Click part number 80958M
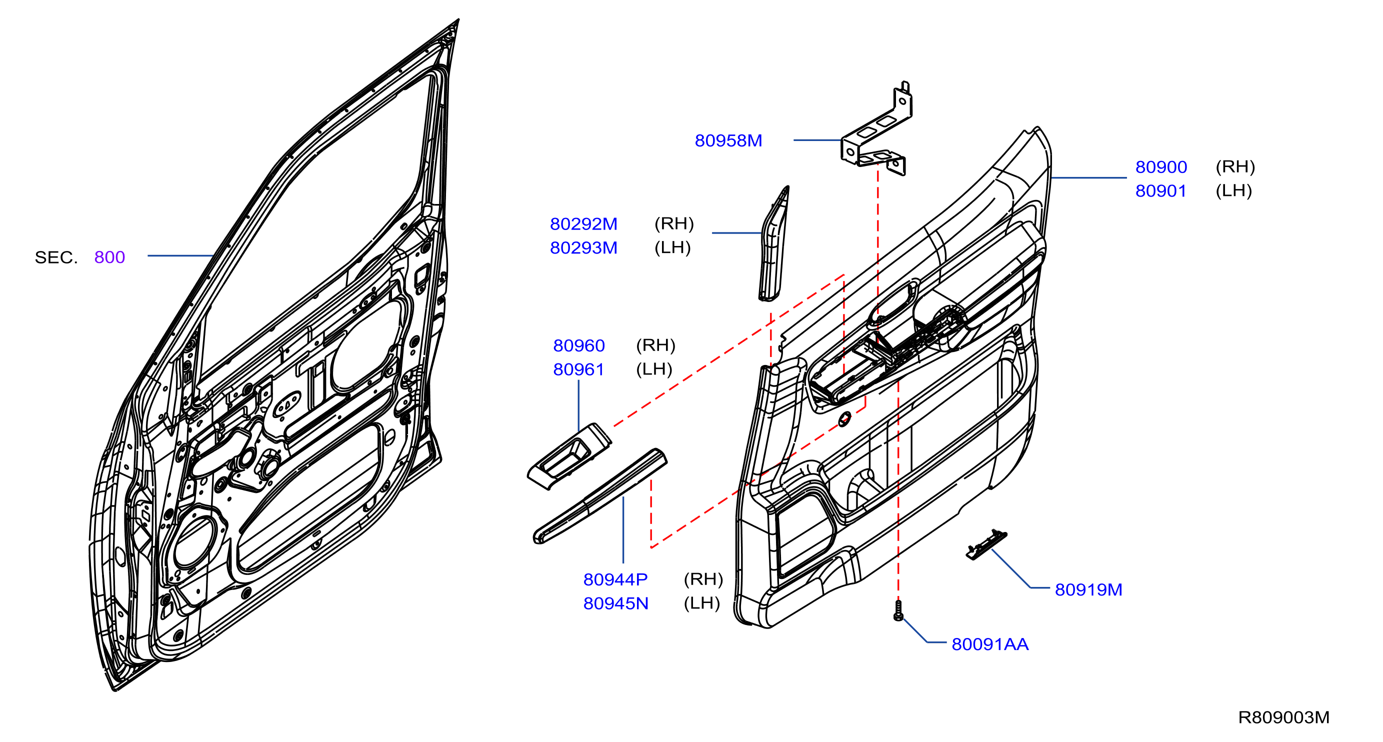(x=728, y=140)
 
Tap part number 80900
(x=1160, y=167)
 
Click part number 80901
(x=1160, y=190)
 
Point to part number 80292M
(x=583, y=224)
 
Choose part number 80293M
(x=583, y=247)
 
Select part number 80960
(x=579, y=345)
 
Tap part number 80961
(x=579, y=369)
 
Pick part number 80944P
(x=615, y=579)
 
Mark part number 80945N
(x=616, y=603)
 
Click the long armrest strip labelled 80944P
(x=599, y=496)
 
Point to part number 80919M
(x=1088, y=589)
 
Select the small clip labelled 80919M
(x=986, y=544)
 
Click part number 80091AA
(x=990, y=644)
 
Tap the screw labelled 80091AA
(x=898, y=610)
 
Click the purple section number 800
(x=109, y=257)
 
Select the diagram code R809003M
(x=1283, y=717)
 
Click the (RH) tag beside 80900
(x=1235, y=166)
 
